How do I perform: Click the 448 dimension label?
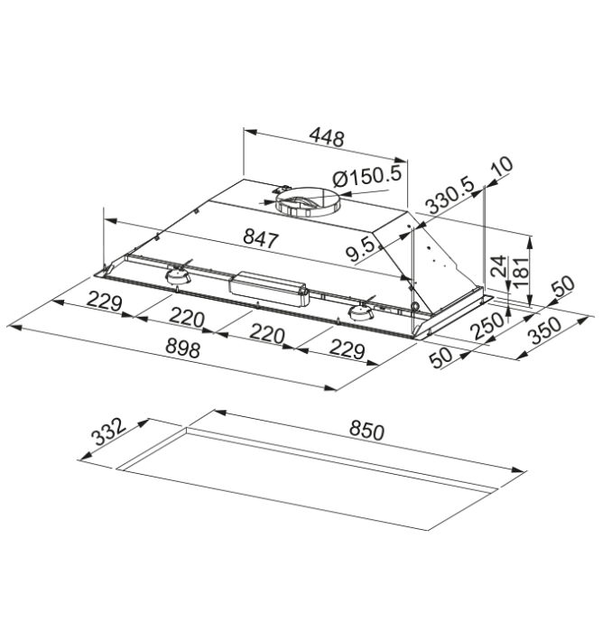(327, 138)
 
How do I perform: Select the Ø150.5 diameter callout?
(367, 176)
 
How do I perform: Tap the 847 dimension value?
(261, 238)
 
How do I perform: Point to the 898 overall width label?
(182, 349)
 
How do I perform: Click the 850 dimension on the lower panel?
(366, 432)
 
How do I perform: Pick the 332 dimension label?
(108, 432)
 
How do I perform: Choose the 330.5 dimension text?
(449, 197)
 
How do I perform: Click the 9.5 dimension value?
(360, 249)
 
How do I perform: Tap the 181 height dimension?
(521, 272)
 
